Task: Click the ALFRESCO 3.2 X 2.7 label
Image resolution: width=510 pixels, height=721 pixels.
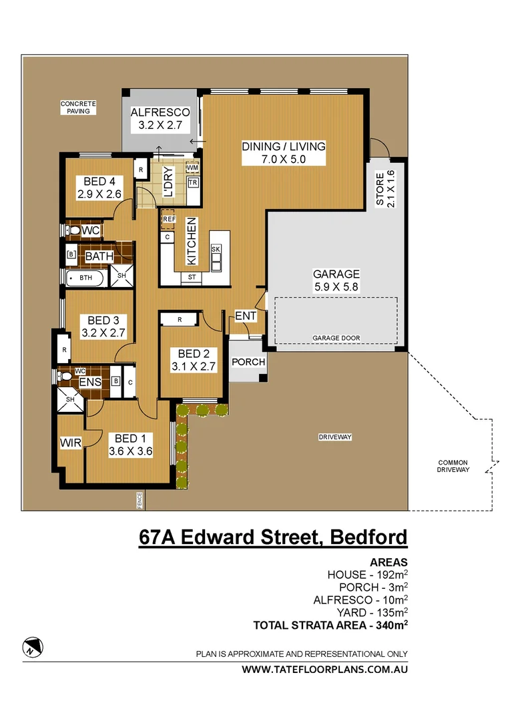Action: (x=160, y=118)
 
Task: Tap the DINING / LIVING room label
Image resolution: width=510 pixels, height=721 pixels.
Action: (x=283, y=153)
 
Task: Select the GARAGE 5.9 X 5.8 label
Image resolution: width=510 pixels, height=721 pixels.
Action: (x=336, y=280)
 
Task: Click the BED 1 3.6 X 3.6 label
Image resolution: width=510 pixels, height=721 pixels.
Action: (x=131, y=445)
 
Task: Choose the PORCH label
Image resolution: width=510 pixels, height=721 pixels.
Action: (x=248, y=362)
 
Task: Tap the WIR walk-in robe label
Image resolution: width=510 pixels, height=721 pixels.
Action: (x=70, y=443)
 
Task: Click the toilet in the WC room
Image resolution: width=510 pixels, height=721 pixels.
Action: (x=73, y=230)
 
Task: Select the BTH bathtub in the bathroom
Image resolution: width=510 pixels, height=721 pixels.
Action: (x=85, y=278)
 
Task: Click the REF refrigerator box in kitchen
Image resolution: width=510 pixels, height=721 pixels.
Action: (x=168, y=219)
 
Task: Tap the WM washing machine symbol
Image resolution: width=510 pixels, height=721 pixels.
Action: (x=192, y=167)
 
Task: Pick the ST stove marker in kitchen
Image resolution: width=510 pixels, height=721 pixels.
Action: (x=192, y=276)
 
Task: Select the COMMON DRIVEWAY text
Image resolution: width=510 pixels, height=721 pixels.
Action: (x=453, y=466)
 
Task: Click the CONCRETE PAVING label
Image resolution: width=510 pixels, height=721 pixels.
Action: (x=78, y=107)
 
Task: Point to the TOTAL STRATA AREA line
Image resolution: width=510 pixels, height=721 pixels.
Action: (x=330, y=626)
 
